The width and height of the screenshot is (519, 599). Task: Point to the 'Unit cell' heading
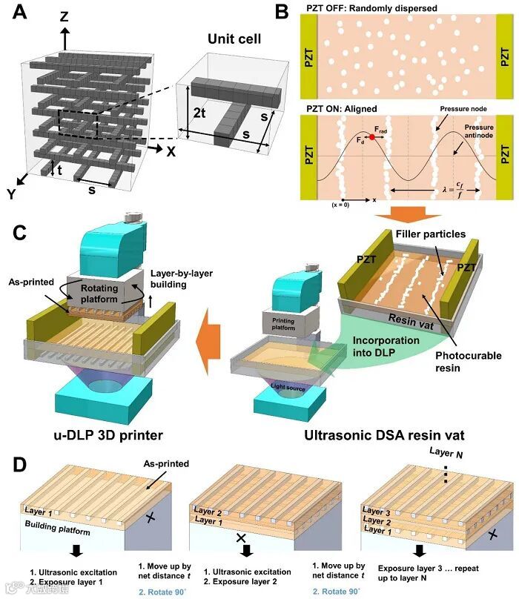pyautogui.click(x=231, y=42)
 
